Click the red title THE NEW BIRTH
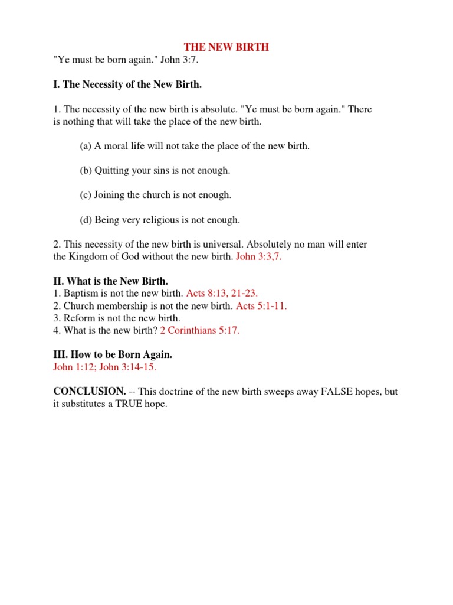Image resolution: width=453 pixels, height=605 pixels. (x=226, y=47)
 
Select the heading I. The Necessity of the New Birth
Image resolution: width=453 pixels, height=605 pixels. (x=127, y=84)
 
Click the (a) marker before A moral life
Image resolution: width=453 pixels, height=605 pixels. (x=86, y=146)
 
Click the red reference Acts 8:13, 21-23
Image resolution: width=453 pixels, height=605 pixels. (x=222, y=293)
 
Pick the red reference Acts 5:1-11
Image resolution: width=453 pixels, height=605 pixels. (x=261, y=305)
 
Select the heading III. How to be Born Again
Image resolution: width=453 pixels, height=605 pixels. (x=113, y=355)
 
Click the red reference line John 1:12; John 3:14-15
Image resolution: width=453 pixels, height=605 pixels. (x=105, y=367)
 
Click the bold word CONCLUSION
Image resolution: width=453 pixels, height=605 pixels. (x=89, y=392)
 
